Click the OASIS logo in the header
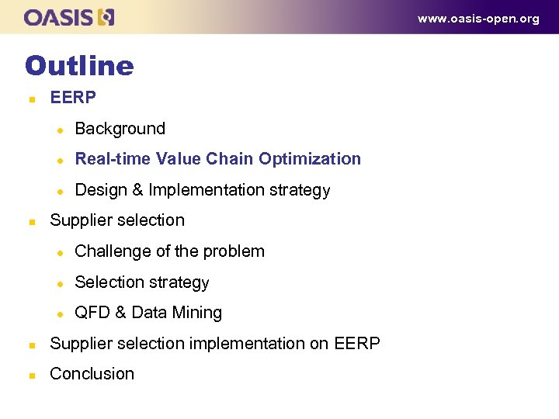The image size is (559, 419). pyautogui.click(x=69, y=17)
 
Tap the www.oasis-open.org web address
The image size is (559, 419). pyautogui.click(x=478, y=19)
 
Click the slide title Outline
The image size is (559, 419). pyautogui.click(x=79, y=65)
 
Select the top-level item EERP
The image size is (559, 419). pyautogui.click(x=73, y=98)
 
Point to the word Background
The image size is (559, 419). pyautogui.click(x=120, y=129)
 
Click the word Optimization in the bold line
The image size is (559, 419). pyautogui.click(x=310, y=159)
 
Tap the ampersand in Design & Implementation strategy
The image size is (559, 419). pyautogui.click(x=137, y=190)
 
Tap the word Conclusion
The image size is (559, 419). pyautogui.click(x=92, y=374)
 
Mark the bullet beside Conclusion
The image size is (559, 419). pyautogui.click(x=31, y=375)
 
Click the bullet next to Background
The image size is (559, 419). pyautogui.click(x=57, y=130)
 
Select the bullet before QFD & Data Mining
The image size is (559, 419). pyautogui.click(x=57, y=313)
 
